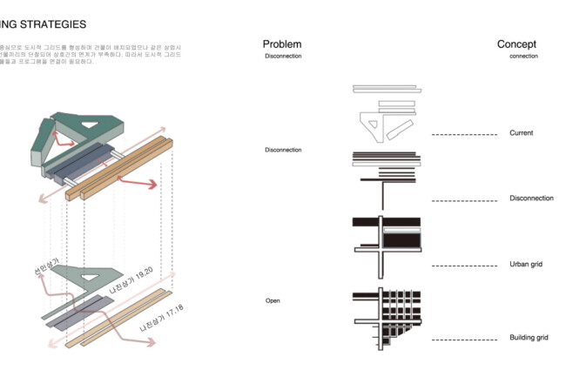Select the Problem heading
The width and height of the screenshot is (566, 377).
[x=282, y=44]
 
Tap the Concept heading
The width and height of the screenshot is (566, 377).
[x=516, y=44]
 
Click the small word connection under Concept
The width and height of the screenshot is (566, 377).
[x=524, y=56]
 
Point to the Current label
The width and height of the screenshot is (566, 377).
[x=522, y=133]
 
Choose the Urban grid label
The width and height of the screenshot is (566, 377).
[x=526, y=264]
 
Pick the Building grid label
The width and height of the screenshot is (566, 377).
[x=529, y=337]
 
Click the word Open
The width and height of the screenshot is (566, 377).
[x=273, y=300]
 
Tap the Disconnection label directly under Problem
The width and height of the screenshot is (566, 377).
[x=283, y=56]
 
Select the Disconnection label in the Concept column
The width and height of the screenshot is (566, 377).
[x=531, y=199]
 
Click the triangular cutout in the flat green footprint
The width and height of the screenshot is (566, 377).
[x=91, y=278]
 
